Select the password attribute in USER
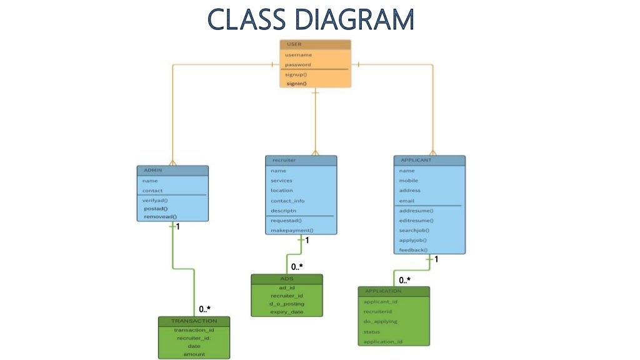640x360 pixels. click(298, 64)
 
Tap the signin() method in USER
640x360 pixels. click(297, 83)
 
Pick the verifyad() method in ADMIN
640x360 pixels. click(155, 200)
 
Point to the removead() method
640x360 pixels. click(160, 216)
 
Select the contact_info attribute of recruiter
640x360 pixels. click(287, 201)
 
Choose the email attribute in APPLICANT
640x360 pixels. click(406, 201)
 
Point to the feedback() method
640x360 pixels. click(413, 250)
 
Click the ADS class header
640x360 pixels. click(287, 278)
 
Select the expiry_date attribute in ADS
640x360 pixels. click(287, 311)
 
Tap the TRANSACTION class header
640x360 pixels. click(194, 321)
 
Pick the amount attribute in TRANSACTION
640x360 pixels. click(194, 354)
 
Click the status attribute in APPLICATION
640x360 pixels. click(371, 332)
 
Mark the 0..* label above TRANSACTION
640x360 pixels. click(204, 309)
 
